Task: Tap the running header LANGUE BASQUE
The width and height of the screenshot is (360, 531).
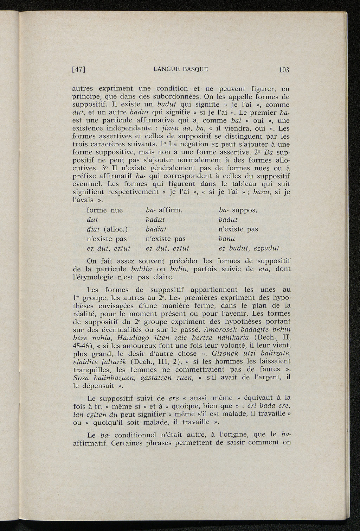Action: click(x=181, y=69)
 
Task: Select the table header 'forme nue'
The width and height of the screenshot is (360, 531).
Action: click(x=105, y=210)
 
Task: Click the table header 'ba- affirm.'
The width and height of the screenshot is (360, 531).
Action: click(x=163, y=210)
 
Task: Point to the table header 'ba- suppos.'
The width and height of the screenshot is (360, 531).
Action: click(x=238, y=210)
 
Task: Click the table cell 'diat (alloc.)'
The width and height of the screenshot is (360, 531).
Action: click(x=107, y=229)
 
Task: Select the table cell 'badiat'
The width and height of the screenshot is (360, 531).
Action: click(x=155, y=229)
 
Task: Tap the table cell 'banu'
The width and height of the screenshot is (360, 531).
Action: click(x=226, y=239)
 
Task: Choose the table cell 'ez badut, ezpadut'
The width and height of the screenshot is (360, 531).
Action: click(x=249, y=248)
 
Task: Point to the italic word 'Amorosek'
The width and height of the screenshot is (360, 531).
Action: click(x=218, y=329)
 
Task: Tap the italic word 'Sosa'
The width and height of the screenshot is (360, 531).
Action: click(x=81, y=378)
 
